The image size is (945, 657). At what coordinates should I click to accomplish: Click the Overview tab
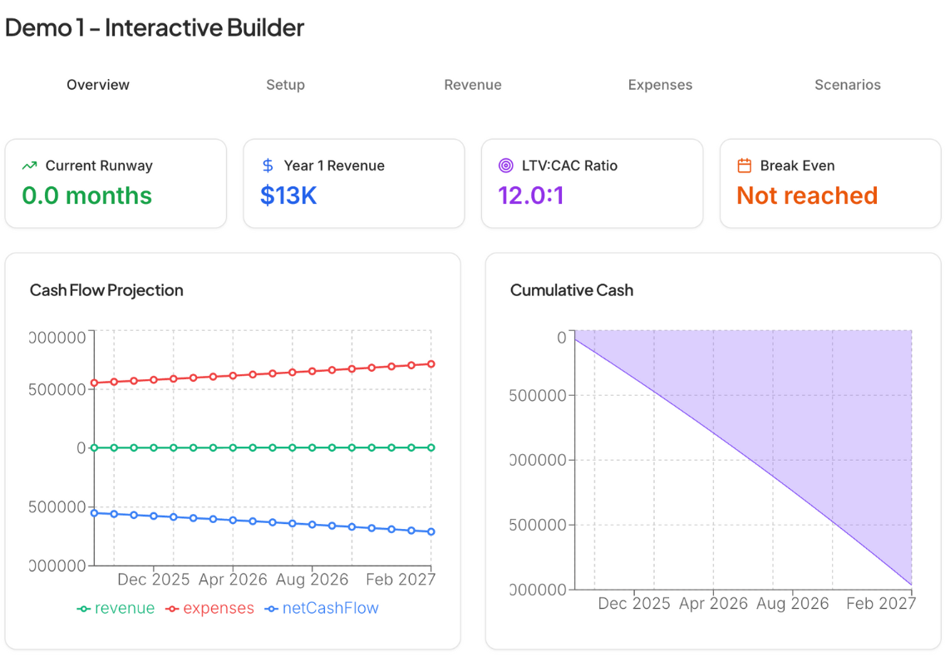tap(98, 85)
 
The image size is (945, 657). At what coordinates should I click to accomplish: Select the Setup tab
tap(285, 85)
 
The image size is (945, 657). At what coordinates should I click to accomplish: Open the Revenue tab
tap(472, 85)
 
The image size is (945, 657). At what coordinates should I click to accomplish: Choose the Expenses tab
tap(660, 85)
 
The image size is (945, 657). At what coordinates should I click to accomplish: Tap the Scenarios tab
tap(847, 85)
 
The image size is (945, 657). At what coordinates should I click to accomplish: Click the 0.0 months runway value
tap(86, 195)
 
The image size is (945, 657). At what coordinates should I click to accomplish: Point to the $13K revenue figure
tap(288, 195)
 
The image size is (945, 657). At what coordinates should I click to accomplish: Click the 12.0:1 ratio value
tap(531, 195)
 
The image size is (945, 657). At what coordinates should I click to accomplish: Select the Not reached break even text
tap(807, 195)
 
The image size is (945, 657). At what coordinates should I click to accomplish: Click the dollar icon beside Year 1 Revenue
tap(268, 165)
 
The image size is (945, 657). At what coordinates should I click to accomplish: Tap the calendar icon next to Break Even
tap(744, 165)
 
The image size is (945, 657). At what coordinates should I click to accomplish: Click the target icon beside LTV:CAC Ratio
tap(505, 165)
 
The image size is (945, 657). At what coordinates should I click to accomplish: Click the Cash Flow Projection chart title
tap(106, 290)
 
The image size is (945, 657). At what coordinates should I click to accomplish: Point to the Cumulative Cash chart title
tap(572, 290)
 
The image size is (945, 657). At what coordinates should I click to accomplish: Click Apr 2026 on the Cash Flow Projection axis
tap(233, 579)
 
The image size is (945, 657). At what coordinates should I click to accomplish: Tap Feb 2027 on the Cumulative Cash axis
tap(880, 603)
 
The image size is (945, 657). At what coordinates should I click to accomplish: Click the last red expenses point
tap(431, 363)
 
